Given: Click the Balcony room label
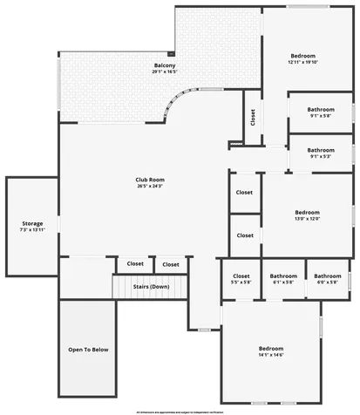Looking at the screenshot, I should click(x=165, y=66).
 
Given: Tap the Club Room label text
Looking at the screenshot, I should click(x=150, y=180).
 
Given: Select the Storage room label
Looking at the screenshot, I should click(x=32, y=224).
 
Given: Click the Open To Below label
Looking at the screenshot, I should click(x=88, y=350).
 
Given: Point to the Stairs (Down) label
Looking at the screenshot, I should click(x=151, y=287).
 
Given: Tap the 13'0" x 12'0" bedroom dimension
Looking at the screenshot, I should click(x=307, y=219).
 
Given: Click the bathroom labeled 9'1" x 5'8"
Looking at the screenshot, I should click(x=320, y=115).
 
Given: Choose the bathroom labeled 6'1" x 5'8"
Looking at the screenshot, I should click(x=283, y=282).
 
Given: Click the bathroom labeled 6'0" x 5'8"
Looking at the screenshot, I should click(x=328, y=282).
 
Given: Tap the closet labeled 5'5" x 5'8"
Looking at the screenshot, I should click(x=241, y=282).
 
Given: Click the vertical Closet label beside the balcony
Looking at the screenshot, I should click(x=253, y=116).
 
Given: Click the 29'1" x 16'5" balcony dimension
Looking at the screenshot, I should click(x=165, y=72).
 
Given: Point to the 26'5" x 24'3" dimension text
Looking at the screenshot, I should click(x=150, y=186).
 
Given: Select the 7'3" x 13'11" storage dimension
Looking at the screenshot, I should click(x=32, y=231).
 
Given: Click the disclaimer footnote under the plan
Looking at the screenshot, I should click(x=180, y=410).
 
